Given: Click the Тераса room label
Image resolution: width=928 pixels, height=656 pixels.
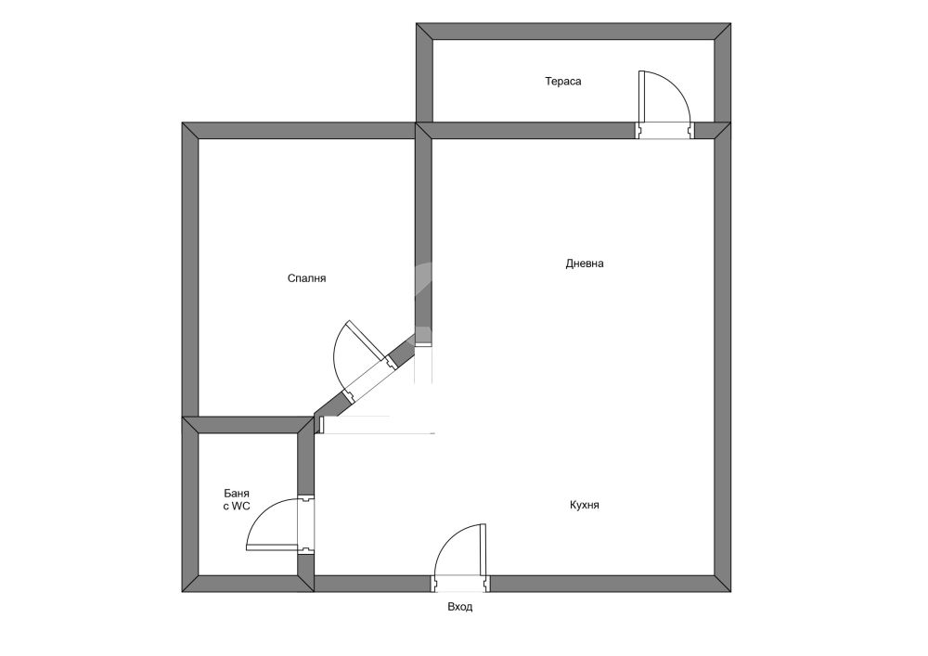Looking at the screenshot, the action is click(563, 81).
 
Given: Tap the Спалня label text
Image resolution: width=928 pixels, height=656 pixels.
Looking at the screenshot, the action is click(306, 278).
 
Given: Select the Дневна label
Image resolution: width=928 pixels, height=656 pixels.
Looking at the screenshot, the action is click(585, 264).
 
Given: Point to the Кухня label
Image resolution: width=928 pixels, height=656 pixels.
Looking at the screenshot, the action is click(585, 505).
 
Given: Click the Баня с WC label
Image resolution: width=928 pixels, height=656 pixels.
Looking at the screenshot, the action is click(236, 500).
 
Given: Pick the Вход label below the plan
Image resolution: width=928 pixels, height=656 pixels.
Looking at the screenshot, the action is click(460, 607).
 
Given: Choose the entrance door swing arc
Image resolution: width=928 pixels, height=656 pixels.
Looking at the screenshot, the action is click(451, 535).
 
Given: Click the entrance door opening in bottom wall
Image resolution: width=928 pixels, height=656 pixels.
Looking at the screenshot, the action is click(461, 584).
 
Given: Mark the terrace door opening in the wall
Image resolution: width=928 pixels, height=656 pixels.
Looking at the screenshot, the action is click(665, 131).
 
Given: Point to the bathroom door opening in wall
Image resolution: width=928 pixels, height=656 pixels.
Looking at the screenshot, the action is click(306, 524).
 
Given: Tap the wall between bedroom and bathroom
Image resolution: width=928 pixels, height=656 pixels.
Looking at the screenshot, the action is click(248, 425).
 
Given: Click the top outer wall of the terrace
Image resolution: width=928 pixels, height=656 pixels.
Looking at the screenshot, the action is click(574, 32).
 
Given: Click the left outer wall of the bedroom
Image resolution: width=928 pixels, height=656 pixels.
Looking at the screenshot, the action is click(190, 270).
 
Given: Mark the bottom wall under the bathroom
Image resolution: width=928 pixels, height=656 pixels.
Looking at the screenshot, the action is click(248, 584).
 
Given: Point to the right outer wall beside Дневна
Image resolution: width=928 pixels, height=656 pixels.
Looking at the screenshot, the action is click(723, 357).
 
